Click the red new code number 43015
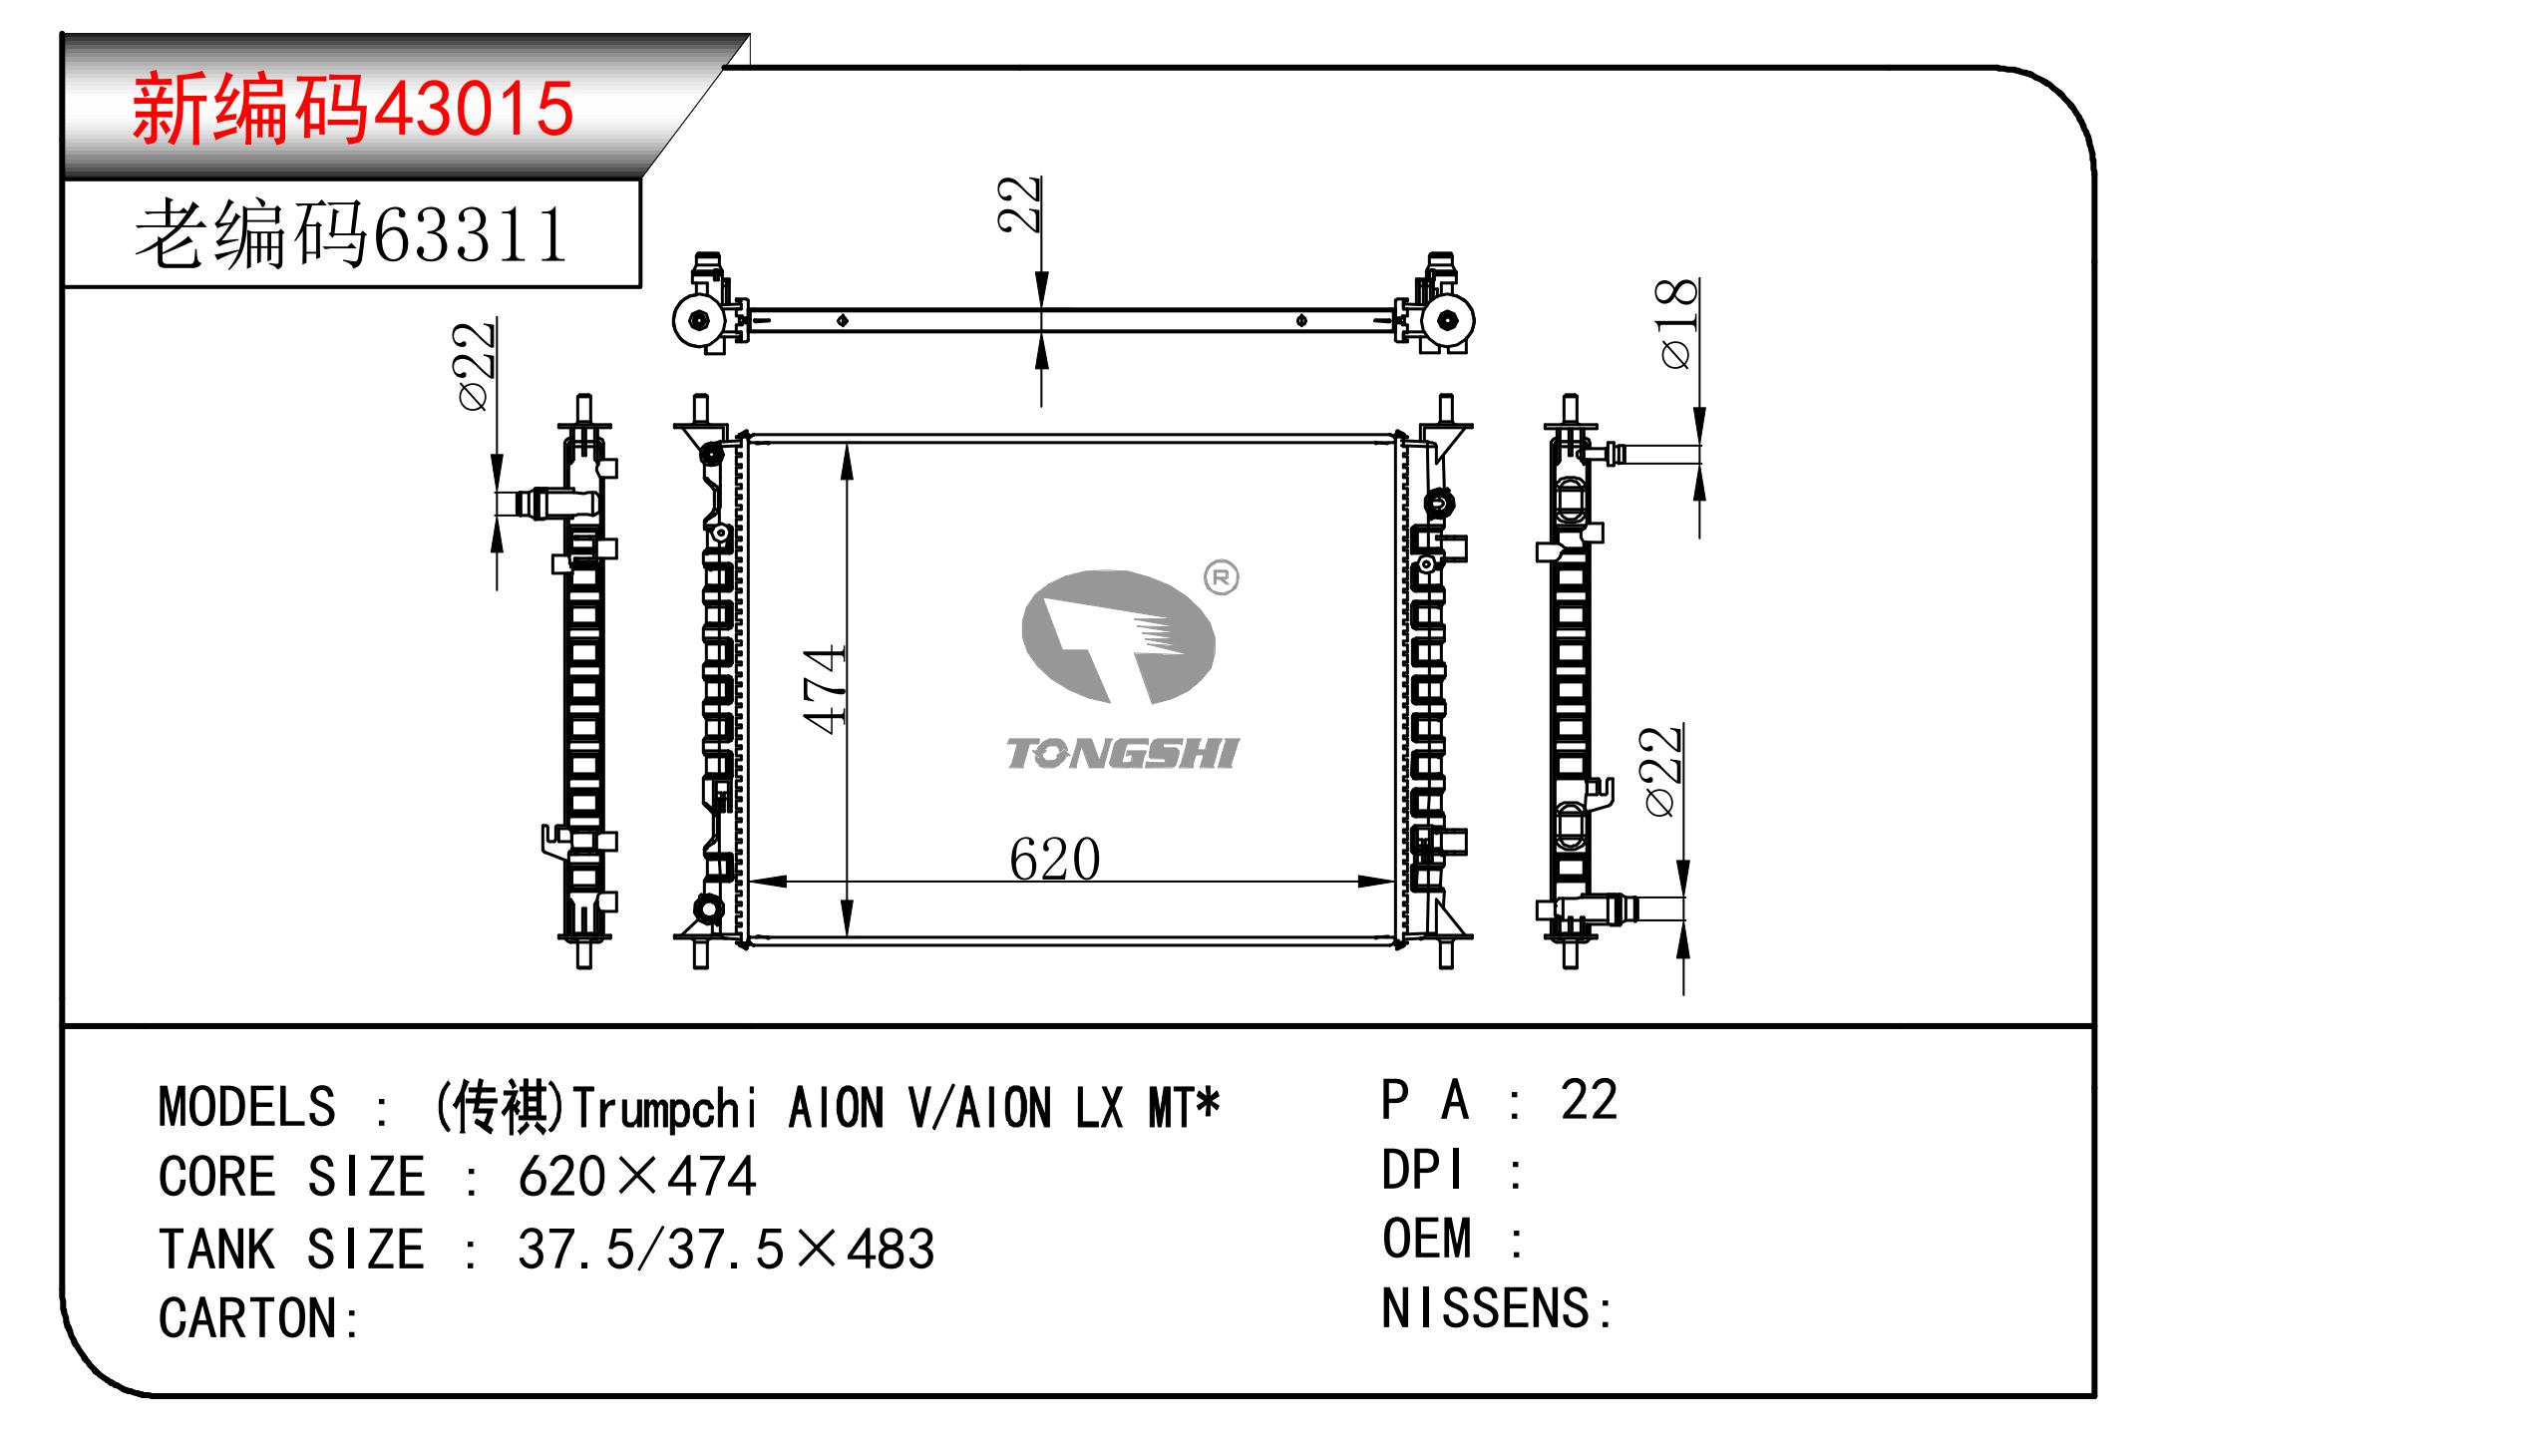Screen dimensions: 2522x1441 (473, 109)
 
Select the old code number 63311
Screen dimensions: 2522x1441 (469, 236)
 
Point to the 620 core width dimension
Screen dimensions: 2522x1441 (1054, 859)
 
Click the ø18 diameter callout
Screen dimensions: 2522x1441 (1677, 323)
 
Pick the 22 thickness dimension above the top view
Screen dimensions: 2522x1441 (1020, 204)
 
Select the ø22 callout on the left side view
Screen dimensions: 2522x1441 (476, 366)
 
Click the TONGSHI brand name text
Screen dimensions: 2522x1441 (1122, 754)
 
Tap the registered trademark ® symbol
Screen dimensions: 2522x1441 (1222, 578)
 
